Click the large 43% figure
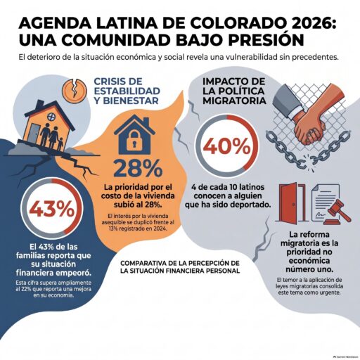click(52, 208)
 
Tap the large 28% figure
click(138, 169)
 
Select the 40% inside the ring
click(226, 146)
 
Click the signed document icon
click(325, 202)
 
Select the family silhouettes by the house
click(51, 136)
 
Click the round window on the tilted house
click(51, 117)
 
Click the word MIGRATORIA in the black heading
click(234, 101)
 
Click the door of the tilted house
click(35, 133)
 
